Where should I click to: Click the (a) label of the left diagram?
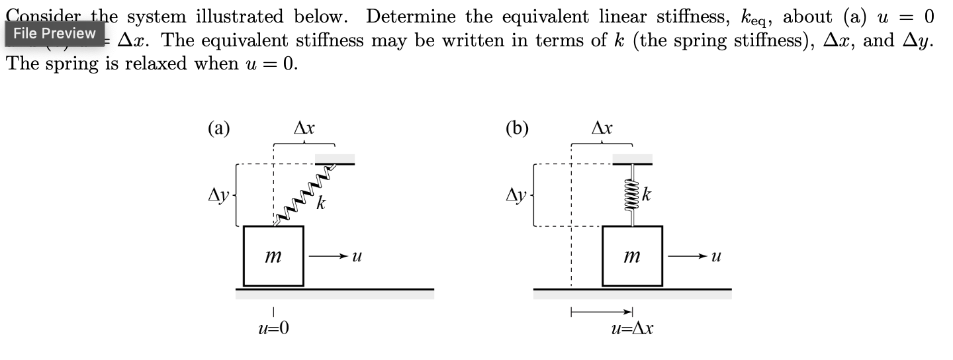(219, 128)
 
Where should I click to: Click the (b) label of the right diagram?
(517, 128)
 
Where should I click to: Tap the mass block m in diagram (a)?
(273, 255)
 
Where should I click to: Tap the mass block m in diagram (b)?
(632, 255)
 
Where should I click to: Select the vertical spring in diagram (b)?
(632, 195)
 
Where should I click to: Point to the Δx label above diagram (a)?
(304, 126)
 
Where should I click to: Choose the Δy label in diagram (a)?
(219, 195)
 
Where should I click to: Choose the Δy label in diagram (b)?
(517, 195)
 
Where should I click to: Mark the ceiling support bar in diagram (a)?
(334, 159)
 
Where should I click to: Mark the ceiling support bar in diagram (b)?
(632, 159)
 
